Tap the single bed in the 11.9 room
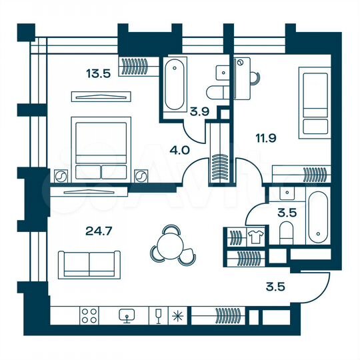coord(315,103)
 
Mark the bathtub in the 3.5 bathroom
coord(318,217)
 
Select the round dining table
coord(171,243)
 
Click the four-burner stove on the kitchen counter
coord(89,315)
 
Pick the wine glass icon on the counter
coord(158,315)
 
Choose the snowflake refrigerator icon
coord(177,315)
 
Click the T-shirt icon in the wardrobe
coord(254,235)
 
